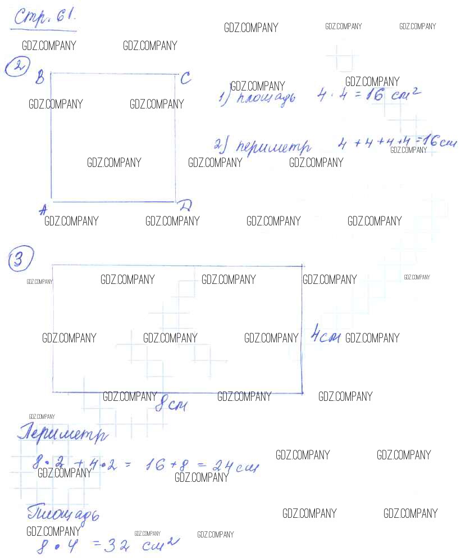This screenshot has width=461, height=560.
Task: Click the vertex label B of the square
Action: coord(40,78)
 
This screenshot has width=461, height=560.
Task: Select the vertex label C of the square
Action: coord(185,79)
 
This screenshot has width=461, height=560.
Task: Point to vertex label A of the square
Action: coord(42,210)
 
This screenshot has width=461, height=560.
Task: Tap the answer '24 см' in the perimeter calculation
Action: coord(236,466)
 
